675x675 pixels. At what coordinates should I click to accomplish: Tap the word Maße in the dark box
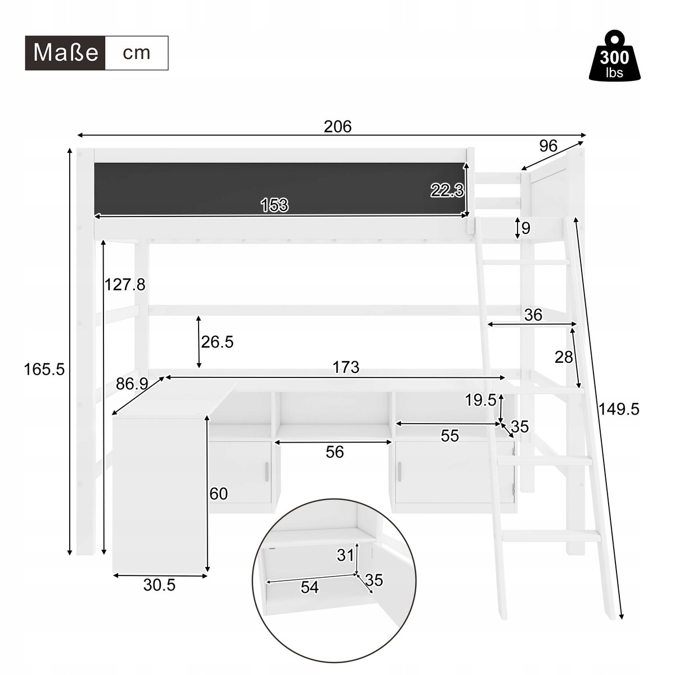(65, 53)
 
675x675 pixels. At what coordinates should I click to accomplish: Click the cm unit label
(137, 53)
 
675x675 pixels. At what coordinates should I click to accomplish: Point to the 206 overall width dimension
(337, 127)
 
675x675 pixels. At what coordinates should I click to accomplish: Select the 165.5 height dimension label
(44, 369)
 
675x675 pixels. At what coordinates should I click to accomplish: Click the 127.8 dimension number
(125, 285)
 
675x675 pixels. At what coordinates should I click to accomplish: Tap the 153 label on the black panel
(274, 205)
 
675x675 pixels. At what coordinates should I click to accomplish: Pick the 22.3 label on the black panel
(447, 191)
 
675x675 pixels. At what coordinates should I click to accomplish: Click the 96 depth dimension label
(548, 146)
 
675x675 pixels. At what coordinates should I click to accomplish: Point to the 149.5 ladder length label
(619, 409)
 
